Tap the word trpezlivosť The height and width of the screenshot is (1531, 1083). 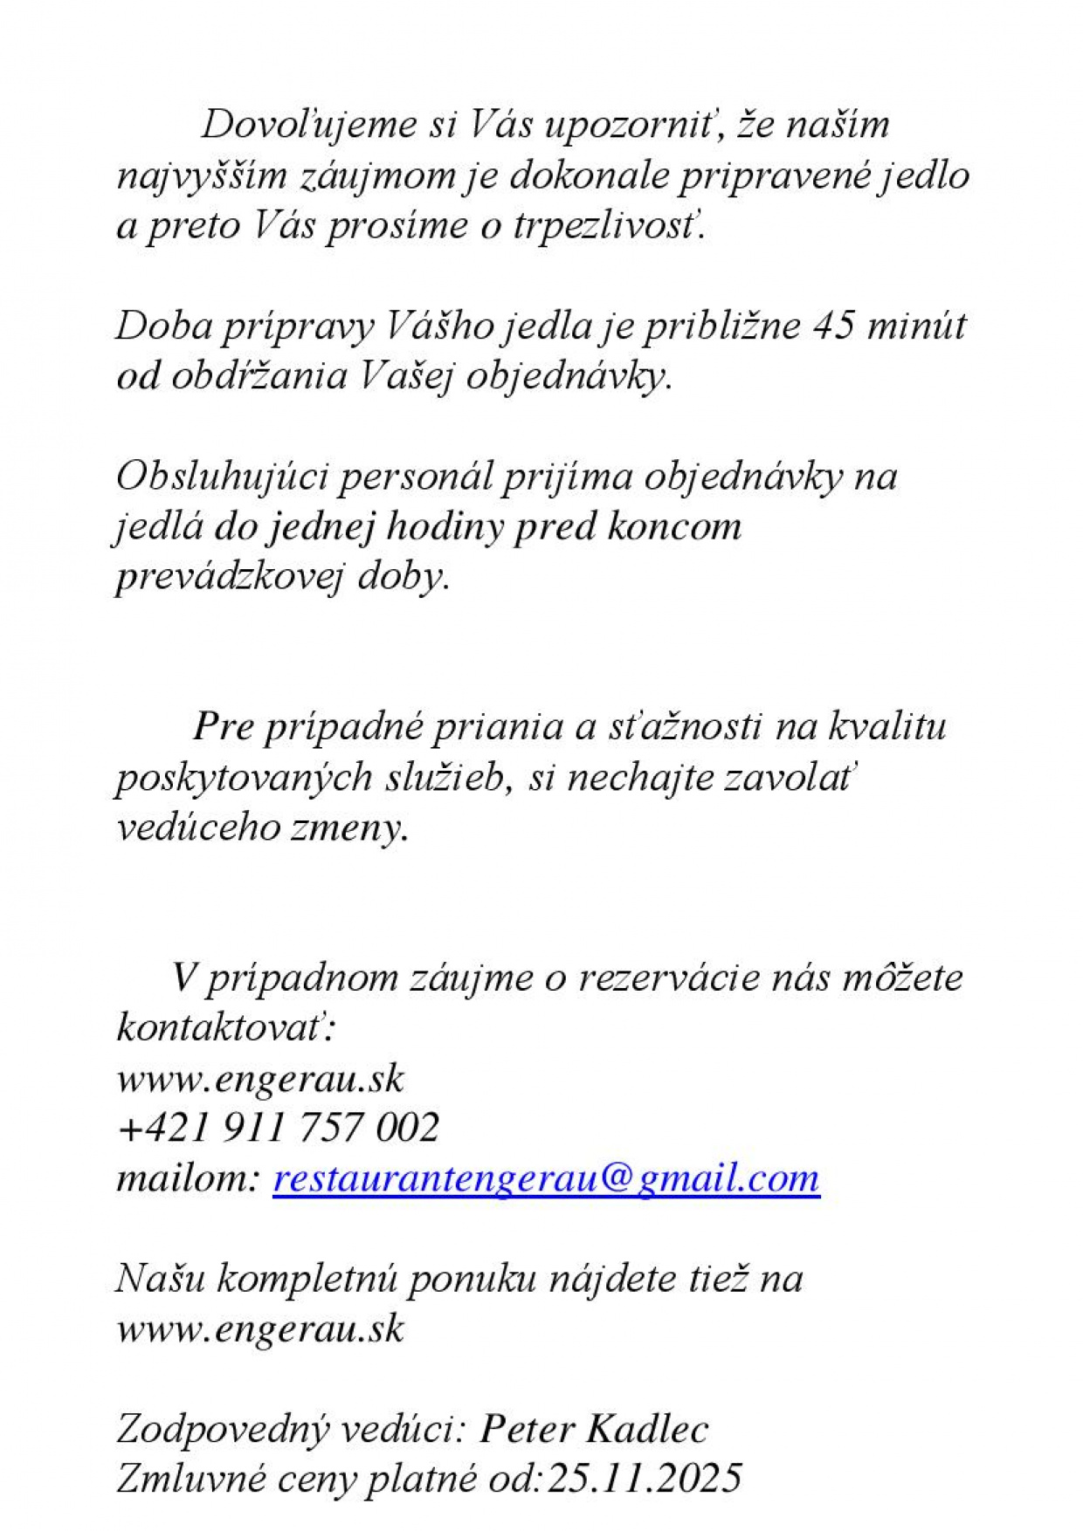click(608, 227)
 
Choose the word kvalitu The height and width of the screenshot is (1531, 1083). click(886, 727)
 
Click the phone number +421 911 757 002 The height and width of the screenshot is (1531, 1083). click(278, 1128)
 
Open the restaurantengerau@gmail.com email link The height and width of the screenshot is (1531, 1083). click(546, 1178)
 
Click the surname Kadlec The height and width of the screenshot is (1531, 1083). click(646, 1430)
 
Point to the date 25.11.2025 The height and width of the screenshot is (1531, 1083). click(644, 1480)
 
